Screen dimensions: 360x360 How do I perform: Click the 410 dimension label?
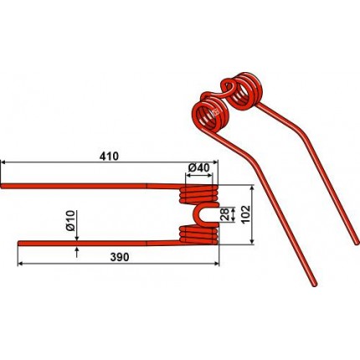[x=109, y=157]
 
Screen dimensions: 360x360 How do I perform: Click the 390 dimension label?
[x=120, y=257]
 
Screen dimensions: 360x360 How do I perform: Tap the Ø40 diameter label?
[x=198, y=168]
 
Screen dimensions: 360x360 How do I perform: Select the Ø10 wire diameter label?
[x=70, y=221]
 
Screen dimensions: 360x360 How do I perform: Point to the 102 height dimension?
[x=246, y=214]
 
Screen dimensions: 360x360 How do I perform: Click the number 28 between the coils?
[x=225, y=214]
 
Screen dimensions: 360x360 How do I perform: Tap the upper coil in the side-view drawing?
[x=198, y=193]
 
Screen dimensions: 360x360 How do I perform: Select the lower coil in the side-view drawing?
[x=198, y=235]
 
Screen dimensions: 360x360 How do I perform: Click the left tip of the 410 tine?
[x=2, y=186]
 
